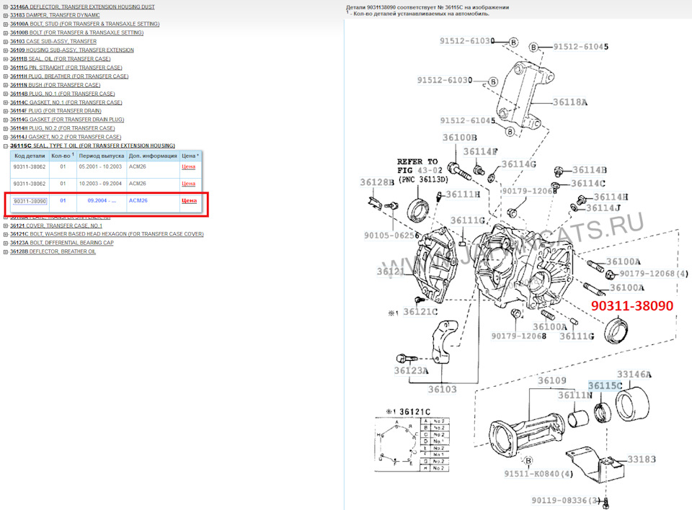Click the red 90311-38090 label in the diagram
coord(632,305)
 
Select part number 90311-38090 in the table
coord(30,201)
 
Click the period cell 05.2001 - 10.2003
coord(100,166)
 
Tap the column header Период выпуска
coord(100,155)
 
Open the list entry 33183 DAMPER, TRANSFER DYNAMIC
coord(55,15)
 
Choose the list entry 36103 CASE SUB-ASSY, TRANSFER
coord(53,41)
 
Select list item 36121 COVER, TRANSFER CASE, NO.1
coord(56,225)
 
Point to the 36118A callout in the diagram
coord(570,103)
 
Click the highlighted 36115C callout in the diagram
coord(605,386)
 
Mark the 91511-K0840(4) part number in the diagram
coord(539,473)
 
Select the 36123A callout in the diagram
coord(412,370)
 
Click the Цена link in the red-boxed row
coord(188,201)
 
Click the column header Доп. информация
coord(152,155)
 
